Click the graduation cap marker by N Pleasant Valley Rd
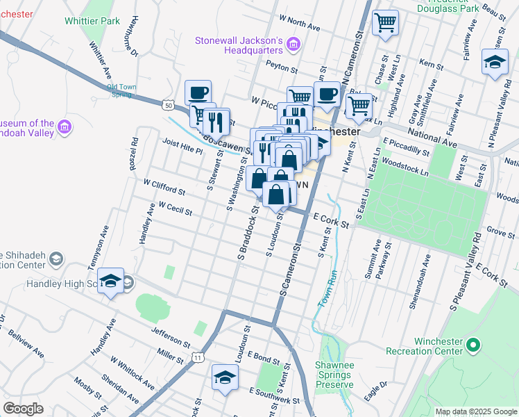coord(495,62)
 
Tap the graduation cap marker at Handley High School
coord(110,281)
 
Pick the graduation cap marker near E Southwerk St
coord(225,377)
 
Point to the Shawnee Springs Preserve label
coord(334,375)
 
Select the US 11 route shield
coord(199,357)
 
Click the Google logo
coord(22,409)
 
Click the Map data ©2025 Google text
coord(475,411)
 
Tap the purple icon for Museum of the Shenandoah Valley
coord(65,127)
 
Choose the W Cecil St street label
coord(175,208)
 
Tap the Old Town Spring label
coord(121,90)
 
